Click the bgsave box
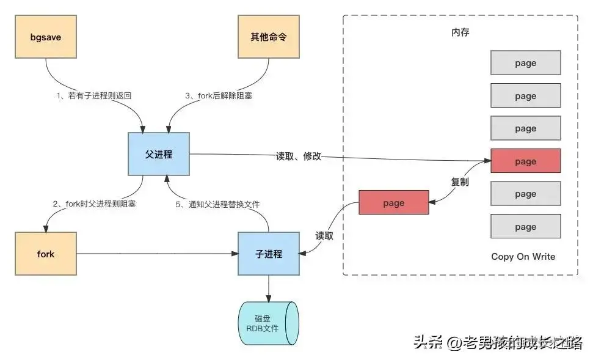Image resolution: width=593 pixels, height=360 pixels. point(46,38)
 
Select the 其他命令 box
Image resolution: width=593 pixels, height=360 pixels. point(269,38)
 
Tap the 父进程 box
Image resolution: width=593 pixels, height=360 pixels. point(159,155)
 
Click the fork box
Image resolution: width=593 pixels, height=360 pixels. point(46,254)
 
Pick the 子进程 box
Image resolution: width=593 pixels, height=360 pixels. point(269,254)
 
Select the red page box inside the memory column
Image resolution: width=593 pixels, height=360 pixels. point(525,161)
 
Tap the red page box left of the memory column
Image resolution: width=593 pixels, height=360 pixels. point(393,203)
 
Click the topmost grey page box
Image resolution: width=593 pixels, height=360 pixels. point(525,63)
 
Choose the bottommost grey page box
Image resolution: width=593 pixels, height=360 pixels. point(525,227)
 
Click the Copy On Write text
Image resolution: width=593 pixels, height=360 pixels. point(523,257)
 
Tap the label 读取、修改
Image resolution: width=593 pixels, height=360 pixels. point(299,157)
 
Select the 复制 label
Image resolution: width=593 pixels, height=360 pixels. point(460,182)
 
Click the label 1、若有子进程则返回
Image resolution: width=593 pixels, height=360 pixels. point(93,96)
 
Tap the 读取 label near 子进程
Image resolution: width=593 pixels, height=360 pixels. point(324,236)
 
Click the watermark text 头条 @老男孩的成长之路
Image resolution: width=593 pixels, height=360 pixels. point(497,342)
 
